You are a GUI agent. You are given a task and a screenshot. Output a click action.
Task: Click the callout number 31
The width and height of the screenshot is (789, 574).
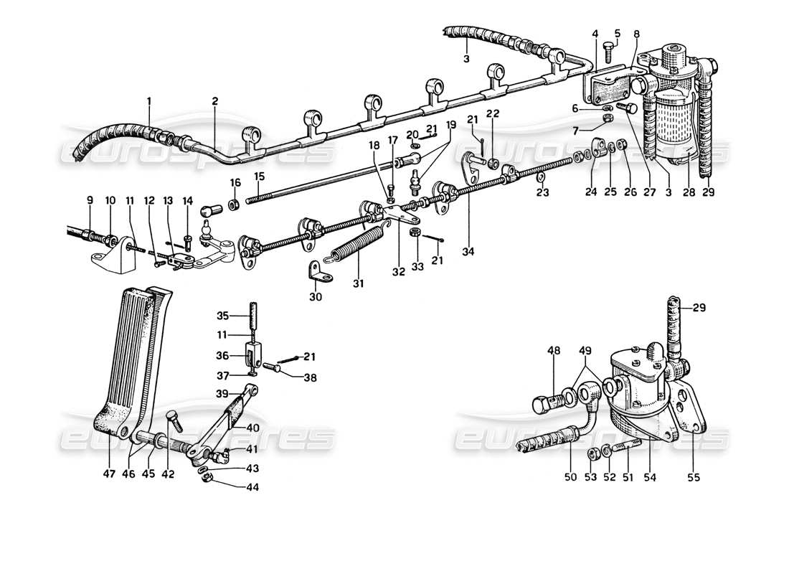tap(359, 284)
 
